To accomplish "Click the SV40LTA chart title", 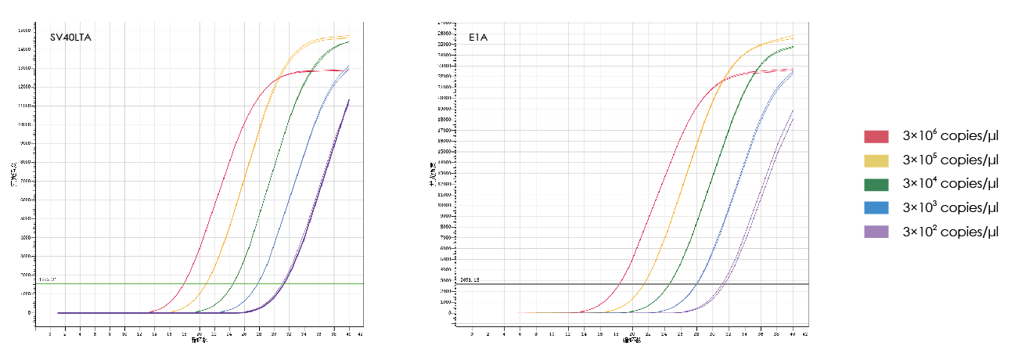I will tap(70, 37).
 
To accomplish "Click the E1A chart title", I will tap(470, 36).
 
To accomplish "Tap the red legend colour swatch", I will tap(876, 137).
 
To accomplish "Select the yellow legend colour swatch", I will tap(876, 160).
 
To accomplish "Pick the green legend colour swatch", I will tap(876, 184).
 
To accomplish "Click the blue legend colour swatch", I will tap(876, 207).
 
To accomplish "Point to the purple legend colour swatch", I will tap(876, 232).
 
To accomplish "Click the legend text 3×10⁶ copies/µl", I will tap(950, 136).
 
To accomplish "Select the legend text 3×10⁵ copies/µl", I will tap(950, 160).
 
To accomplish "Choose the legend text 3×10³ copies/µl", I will tap(950, 207).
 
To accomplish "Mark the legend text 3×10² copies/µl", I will tap(950, 231).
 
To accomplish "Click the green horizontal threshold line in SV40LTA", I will tap(117, 283).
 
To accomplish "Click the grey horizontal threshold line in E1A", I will tap(548, 284).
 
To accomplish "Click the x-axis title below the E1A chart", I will tap(632, 340).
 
